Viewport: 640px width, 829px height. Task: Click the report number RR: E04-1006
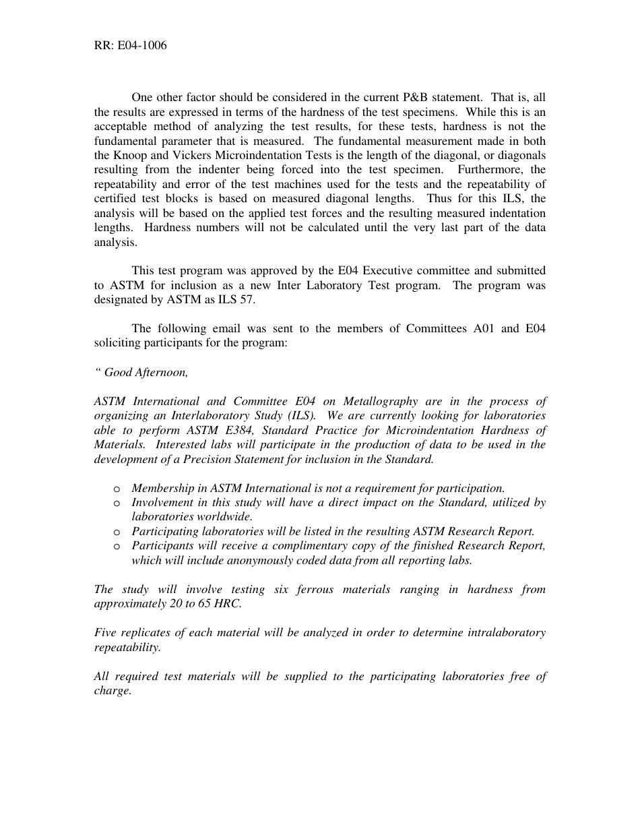(x=130, y=46)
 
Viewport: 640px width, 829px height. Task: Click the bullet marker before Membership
(x=117, y=489)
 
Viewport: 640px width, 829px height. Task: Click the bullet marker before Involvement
(x=117, y=503)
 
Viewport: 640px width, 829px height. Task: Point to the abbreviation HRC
(x=227, y=604)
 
